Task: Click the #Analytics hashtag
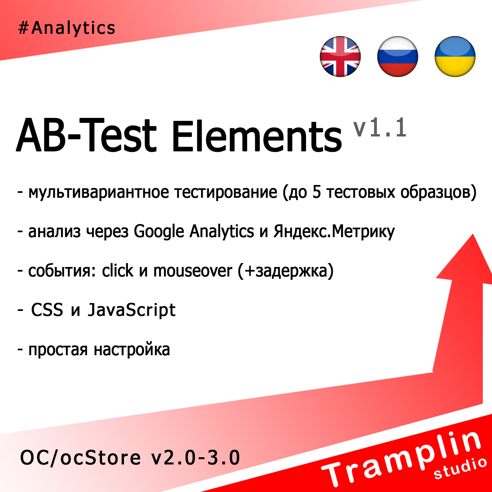tap(67, 28)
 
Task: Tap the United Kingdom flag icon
tap(340, 56)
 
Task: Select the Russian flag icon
tap(398, 56)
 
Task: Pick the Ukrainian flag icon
tap(455, 56)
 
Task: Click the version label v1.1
tap(380, 128)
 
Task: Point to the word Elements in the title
tap(257, 136)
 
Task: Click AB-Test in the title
tap(86, 135)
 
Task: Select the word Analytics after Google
tap(222, 232)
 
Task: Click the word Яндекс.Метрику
tap(334, 232)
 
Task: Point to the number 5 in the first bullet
tap(316, 192)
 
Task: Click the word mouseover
tap(193, 271)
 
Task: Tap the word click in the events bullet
tap(117, 271)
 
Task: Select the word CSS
tap(47, 310)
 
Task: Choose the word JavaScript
tap(132, 310)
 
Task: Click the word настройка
tap(132, 350)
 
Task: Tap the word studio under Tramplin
tap(460, 468)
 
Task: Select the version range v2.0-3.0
tap(195, 458)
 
